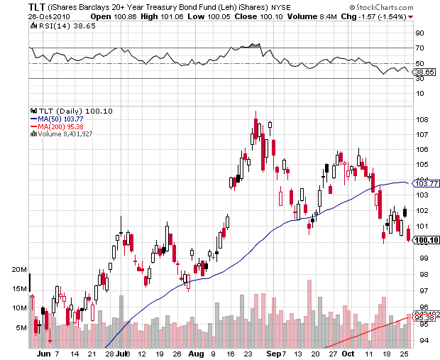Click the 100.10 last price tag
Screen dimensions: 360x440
(x=424, y=241)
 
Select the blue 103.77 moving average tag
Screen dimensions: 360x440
(x=424, y=183)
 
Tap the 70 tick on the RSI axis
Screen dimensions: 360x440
(x=419, y=48)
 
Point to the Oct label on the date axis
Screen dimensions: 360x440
(x=347, y=353)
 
